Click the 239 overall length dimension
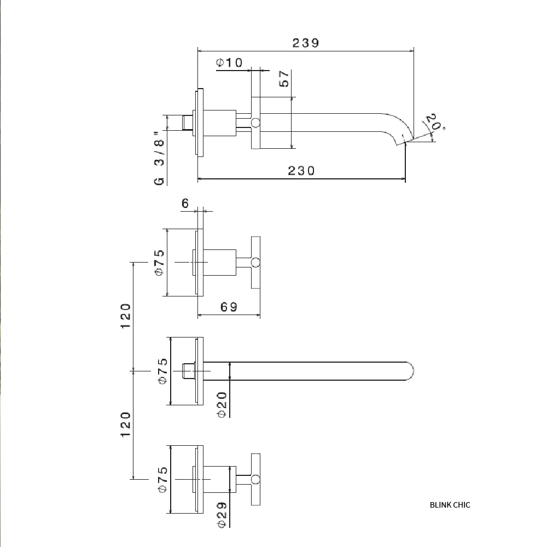(306, 43)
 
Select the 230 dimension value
(301, 171)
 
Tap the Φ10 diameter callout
(229, 62)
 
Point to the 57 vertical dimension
(284, 78)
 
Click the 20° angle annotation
(435, 122)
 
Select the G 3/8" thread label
(159, 158)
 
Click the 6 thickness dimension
(185, 203)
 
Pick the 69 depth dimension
(229, 307)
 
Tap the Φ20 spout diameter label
(222, 405)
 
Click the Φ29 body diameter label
(222, 515)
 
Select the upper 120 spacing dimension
(126, 316)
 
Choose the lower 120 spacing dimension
(126, 424)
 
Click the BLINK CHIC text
(450, 505)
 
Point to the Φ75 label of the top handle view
(159, 263)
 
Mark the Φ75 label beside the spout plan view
(163, 371)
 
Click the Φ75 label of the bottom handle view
(163, 480)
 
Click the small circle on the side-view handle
(255, 123)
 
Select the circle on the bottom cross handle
(255, 479)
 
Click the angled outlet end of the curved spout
(405, 141)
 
